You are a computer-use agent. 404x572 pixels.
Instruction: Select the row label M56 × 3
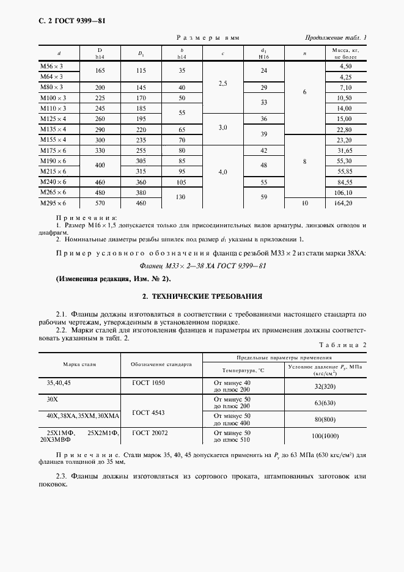pos(51,65)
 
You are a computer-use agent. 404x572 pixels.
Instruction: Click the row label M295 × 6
pos(52,203)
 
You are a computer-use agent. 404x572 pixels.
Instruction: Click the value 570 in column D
pos(100,203)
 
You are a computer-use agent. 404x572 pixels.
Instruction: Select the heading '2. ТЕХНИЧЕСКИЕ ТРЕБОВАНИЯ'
pos(202,296)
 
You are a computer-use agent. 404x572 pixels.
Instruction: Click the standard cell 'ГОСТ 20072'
pos(149,432)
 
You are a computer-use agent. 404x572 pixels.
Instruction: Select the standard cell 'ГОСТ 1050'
pos(149,383)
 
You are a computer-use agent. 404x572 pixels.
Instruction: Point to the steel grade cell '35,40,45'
pos(59,383)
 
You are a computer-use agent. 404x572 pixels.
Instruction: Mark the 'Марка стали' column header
pos(79,364)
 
